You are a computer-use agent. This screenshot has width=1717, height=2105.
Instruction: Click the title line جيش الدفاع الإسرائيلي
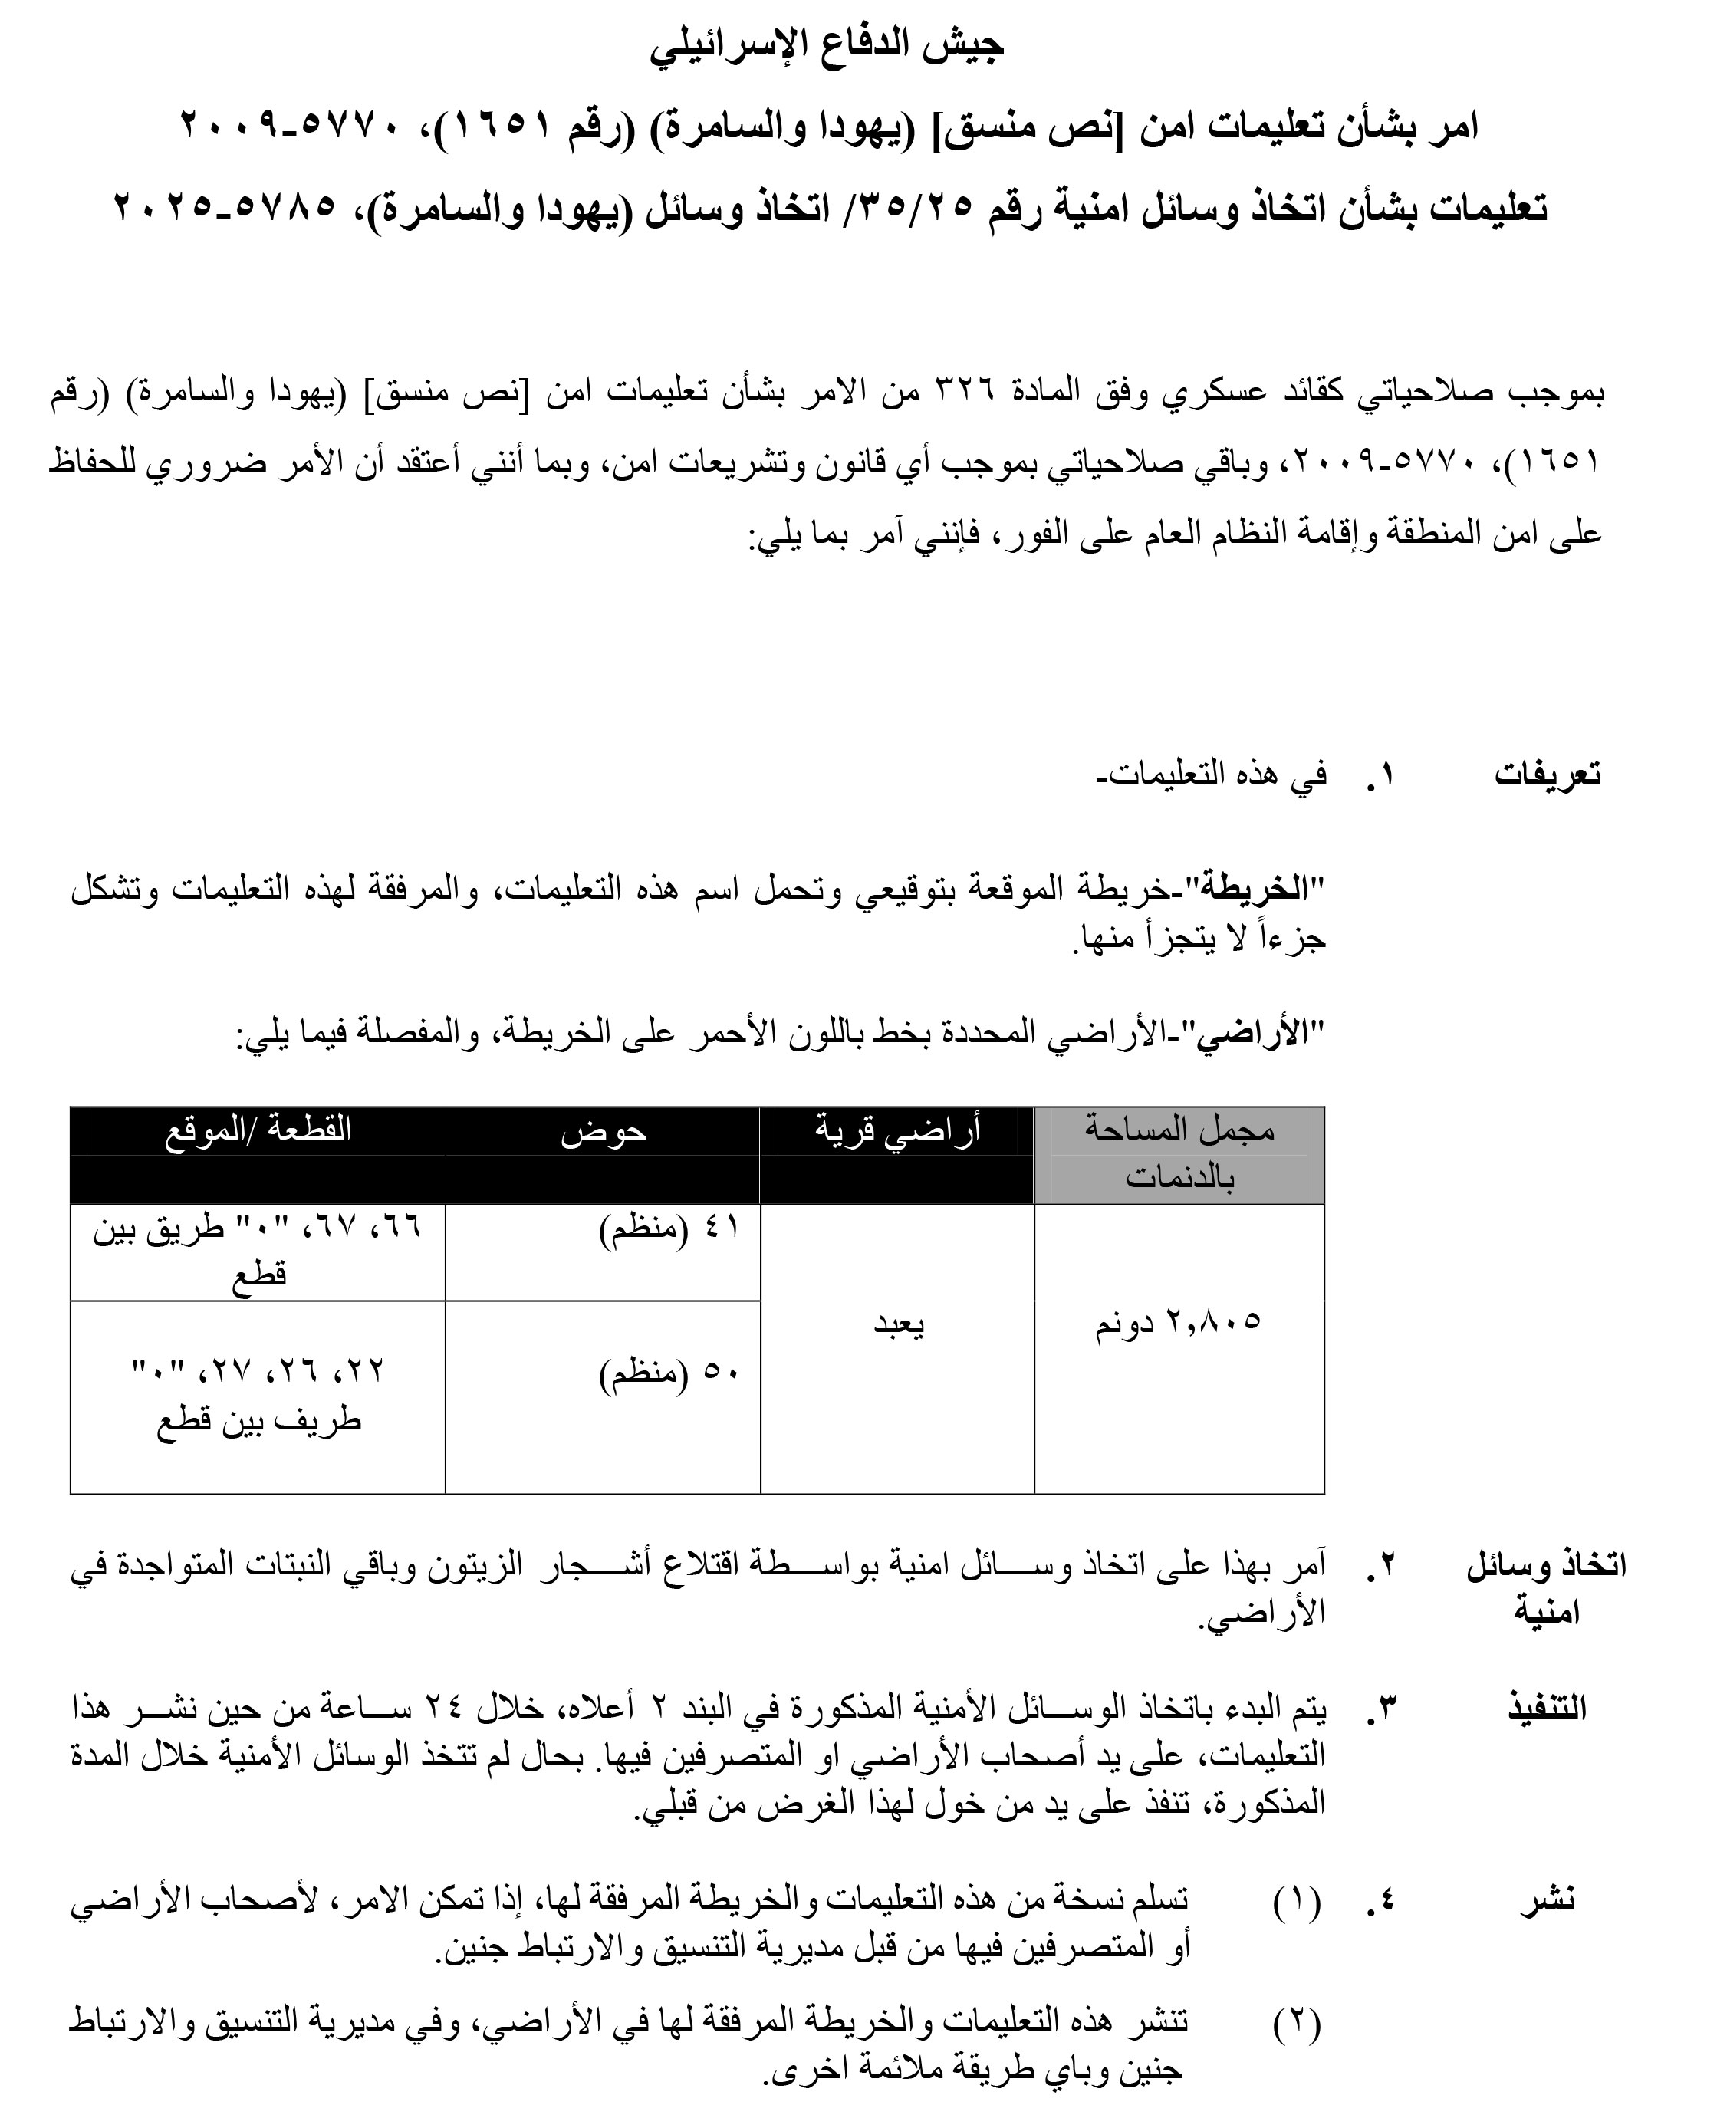pos(827,44)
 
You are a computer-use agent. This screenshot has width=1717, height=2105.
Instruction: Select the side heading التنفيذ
pos(1547,1707)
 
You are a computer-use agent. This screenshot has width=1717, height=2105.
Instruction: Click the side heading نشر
pos(1547,1899)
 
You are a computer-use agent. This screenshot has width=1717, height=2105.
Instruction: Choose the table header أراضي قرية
pos(897,1130)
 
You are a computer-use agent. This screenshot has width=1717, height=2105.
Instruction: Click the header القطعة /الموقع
pos(258,1130)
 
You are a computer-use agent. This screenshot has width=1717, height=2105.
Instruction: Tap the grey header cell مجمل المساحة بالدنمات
pos(1179,1153)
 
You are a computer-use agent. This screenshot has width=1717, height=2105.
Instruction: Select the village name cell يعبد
pos(898,1324)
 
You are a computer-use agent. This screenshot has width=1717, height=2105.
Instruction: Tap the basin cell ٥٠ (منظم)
pos(669,1375)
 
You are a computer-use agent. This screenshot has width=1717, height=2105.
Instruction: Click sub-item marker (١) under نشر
pos(1297,1899)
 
